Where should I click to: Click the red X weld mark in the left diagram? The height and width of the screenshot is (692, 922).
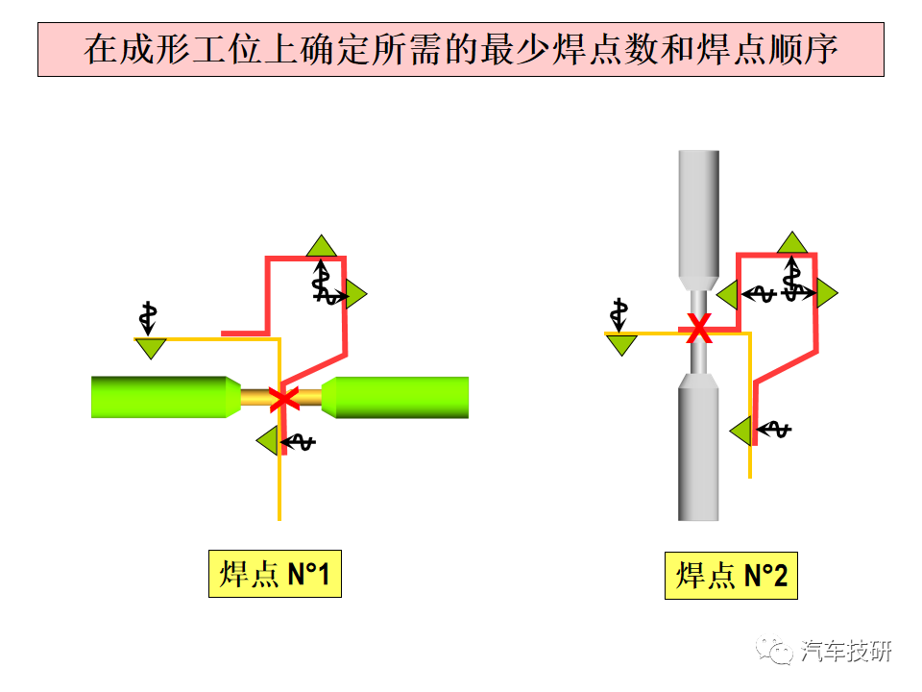tap(284, 398)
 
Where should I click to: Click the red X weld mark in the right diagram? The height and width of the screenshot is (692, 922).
tap(699, 329)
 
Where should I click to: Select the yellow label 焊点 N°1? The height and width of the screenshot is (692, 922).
tap(276, 574)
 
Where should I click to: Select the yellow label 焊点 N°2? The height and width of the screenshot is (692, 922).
tap(731, 576)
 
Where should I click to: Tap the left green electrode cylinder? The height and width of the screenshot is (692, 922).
tap(166, 397)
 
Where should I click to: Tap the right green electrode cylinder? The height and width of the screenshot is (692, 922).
tap(395, 398)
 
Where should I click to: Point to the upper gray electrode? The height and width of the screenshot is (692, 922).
tap(698, 221)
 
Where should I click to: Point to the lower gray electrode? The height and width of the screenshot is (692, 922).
tap(698, 447)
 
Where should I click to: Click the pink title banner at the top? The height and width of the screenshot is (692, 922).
tap(461, 49)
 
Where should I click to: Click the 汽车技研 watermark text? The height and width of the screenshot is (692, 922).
tap(845, 651)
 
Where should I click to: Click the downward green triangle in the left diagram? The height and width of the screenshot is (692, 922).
tap(151, 347)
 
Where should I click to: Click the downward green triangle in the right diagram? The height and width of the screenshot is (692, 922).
tap(621, 344)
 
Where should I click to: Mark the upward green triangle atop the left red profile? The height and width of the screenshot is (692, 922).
tap(321, 247)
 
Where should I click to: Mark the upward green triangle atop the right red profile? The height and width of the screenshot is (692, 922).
tap(792, 243)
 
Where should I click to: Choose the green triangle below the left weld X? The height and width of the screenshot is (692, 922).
tap(269, 441)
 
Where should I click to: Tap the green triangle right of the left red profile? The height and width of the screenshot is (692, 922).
tap(354, 293)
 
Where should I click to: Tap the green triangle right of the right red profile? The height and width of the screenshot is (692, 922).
tap(826, 292)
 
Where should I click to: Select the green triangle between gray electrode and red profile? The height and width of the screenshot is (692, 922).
tap(729, 294)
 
